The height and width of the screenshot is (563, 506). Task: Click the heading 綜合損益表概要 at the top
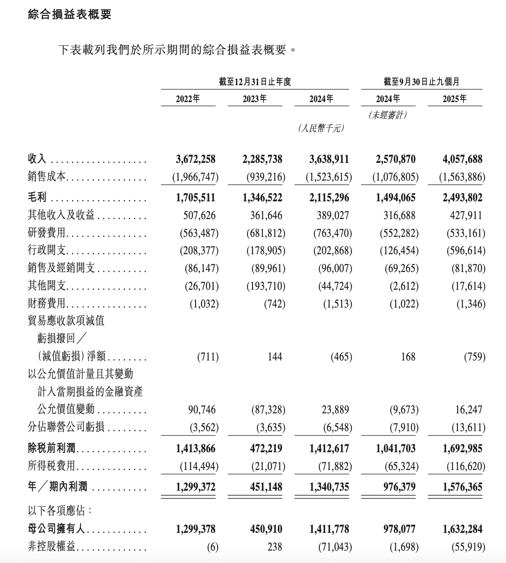69,15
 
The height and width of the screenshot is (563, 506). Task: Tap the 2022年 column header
188,99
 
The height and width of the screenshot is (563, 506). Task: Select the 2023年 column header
255,99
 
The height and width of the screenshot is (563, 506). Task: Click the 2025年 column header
455,99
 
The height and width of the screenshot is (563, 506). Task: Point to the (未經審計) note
388,115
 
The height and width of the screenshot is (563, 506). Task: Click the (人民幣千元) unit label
321,129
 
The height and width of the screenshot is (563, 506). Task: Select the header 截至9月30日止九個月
421,81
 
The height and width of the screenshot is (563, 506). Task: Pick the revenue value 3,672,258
196,159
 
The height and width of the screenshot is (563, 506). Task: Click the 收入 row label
37,159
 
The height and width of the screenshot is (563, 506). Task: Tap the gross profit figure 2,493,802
462,198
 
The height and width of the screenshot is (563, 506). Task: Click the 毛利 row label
37,198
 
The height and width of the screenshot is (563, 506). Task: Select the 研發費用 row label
47,233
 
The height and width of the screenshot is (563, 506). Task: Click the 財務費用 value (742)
274,304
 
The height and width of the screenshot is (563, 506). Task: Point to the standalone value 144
274,356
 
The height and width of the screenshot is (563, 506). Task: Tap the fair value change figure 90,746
202,410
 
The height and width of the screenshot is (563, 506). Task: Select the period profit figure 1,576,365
462,487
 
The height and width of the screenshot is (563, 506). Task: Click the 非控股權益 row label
52,547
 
